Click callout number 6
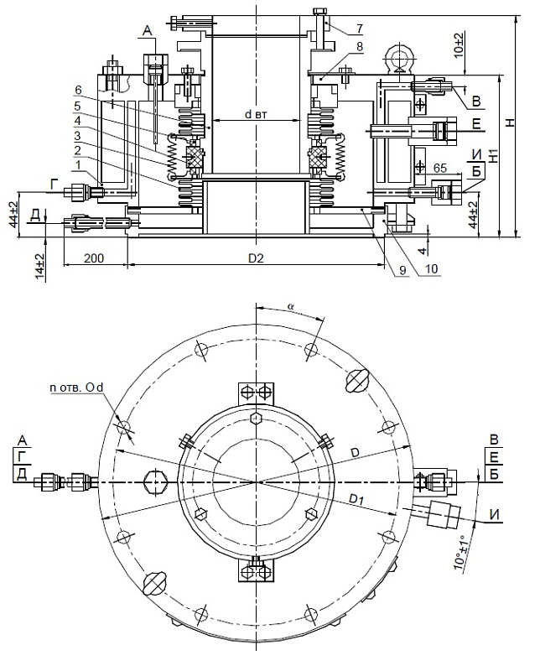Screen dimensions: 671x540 [x=77, y=90]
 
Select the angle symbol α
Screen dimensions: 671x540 [x=291, y=308]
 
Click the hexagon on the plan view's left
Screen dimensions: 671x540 [x=157, y=483]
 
